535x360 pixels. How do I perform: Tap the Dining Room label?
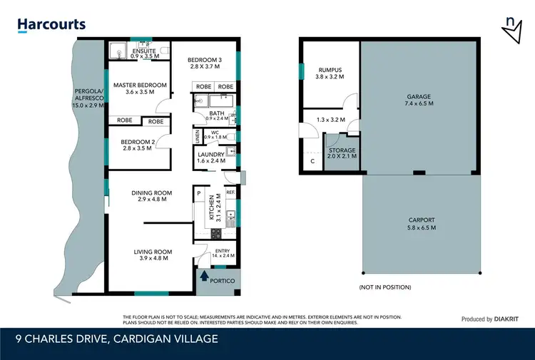(x=152, y=197)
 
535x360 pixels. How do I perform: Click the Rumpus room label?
(x=330, y=73)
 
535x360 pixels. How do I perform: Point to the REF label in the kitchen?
(x=230, y=192)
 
